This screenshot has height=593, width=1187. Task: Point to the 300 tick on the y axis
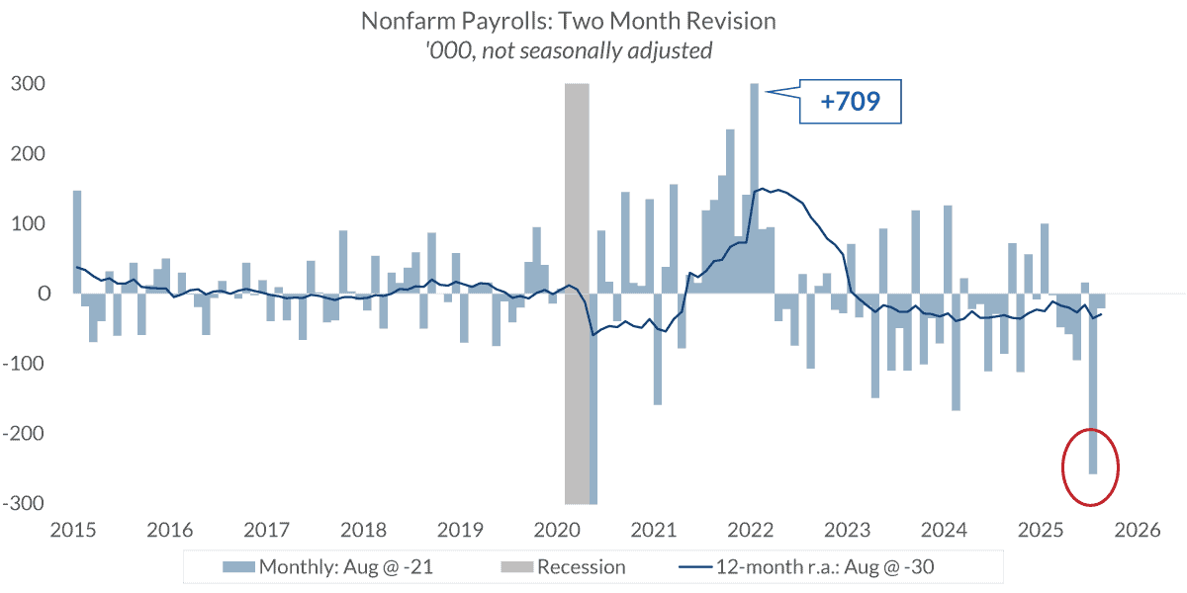click(27, 85)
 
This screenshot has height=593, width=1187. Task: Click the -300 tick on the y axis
click(24, 503)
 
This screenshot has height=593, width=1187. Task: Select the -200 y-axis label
click(24, 434)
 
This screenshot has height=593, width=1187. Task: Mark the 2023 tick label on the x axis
click(849, 531)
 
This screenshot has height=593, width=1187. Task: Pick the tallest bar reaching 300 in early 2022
click(754, 188)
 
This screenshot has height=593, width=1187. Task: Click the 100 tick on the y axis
click(27, 224)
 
